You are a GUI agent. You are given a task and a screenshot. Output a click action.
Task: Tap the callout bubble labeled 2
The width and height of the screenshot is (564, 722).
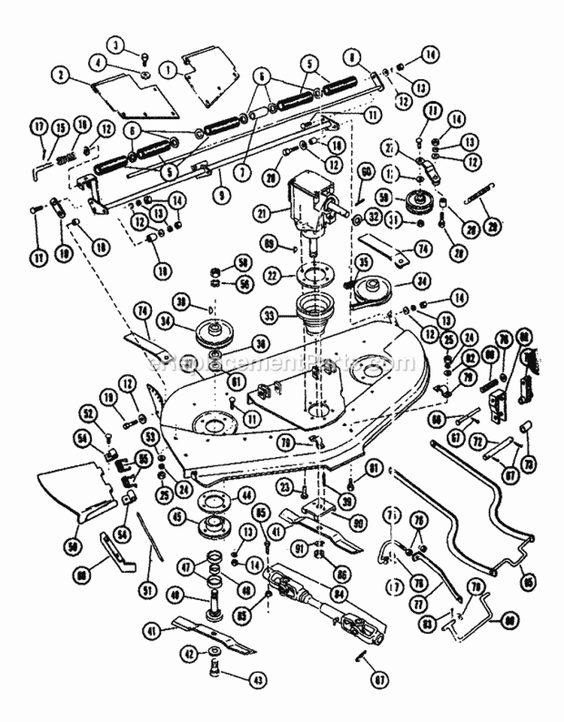[x=59, y=75]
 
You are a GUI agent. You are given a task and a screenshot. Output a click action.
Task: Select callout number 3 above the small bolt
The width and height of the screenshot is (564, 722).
[x=116, y=46]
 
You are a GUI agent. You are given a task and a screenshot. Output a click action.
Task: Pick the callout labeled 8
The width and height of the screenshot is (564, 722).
[x=351, y=55]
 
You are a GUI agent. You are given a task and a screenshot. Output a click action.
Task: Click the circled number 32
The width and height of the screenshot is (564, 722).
[x=374, y=217]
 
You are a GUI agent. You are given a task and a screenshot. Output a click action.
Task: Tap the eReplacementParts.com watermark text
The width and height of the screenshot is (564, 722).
[x=282, y=364]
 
